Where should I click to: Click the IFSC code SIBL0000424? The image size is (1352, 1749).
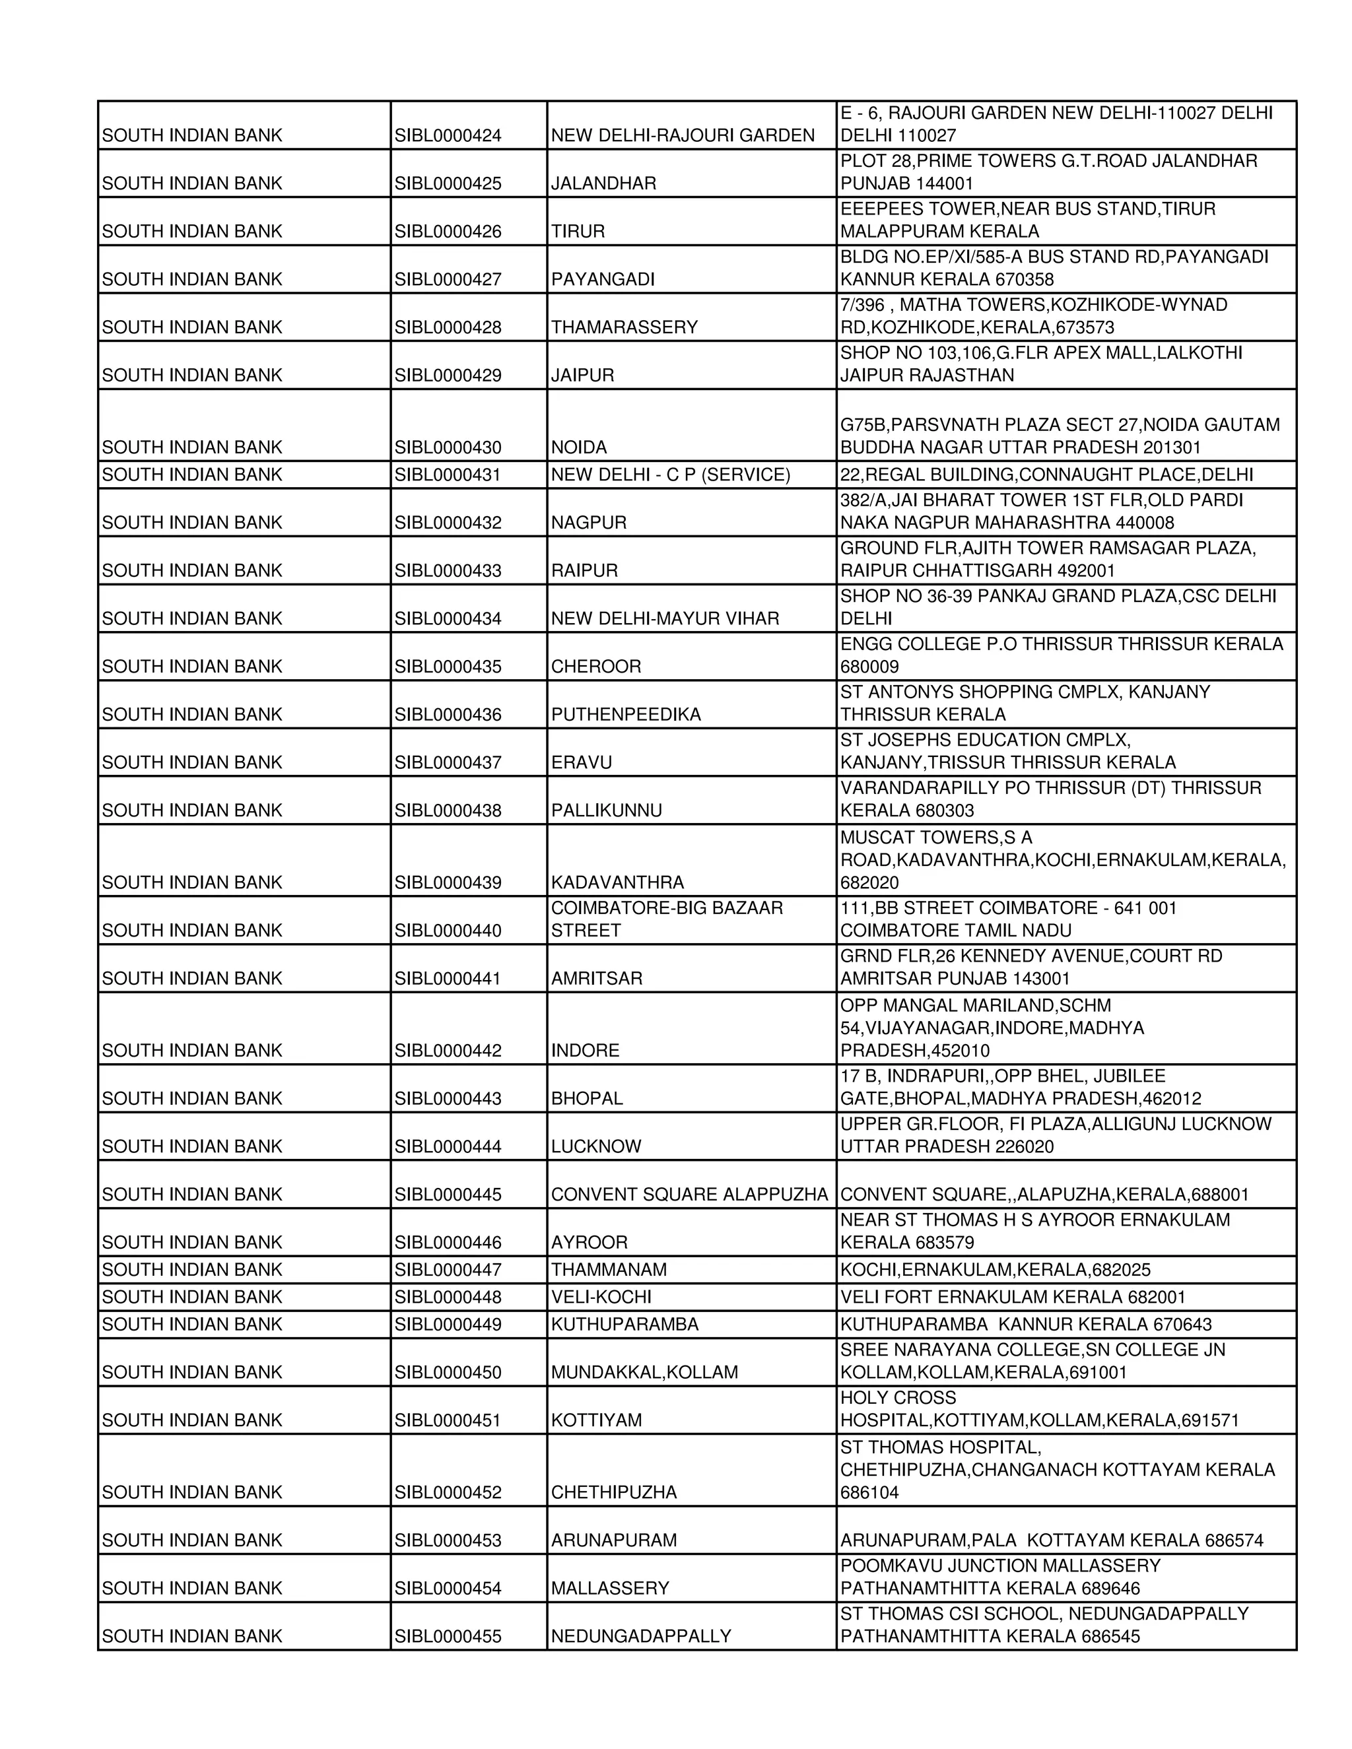(447, 135)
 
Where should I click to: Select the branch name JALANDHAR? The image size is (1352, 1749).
(603, 183)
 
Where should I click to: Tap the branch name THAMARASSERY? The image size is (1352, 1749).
(624, 327)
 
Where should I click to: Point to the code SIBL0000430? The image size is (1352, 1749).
(447, 447)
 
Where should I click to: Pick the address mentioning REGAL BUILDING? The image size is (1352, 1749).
(1046, 475)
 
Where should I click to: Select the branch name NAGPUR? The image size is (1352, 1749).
(588, 522)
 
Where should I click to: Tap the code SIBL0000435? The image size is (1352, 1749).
(447, 667)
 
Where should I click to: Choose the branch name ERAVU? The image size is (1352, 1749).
(581, 762)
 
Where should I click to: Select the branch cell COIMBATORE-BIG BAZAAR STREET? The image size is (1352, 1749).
(666, 919)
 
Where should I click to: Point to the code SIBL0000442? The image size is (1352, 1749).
(447, 1050)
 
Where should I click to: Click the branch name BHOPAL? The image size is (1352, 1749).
(586, 1098)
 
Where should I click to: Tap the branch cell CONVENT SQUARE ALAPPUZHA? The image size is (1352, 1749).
(689, 1194)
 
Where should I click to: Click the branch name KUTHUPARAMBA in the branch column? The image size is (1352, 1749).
(624, 1324)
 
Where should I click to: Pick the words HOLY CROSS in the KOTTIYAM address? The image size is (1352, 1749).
(897, 1397)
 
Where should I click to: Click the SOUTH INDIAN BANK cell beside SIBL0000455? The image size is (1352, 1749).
(191, 1636)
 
